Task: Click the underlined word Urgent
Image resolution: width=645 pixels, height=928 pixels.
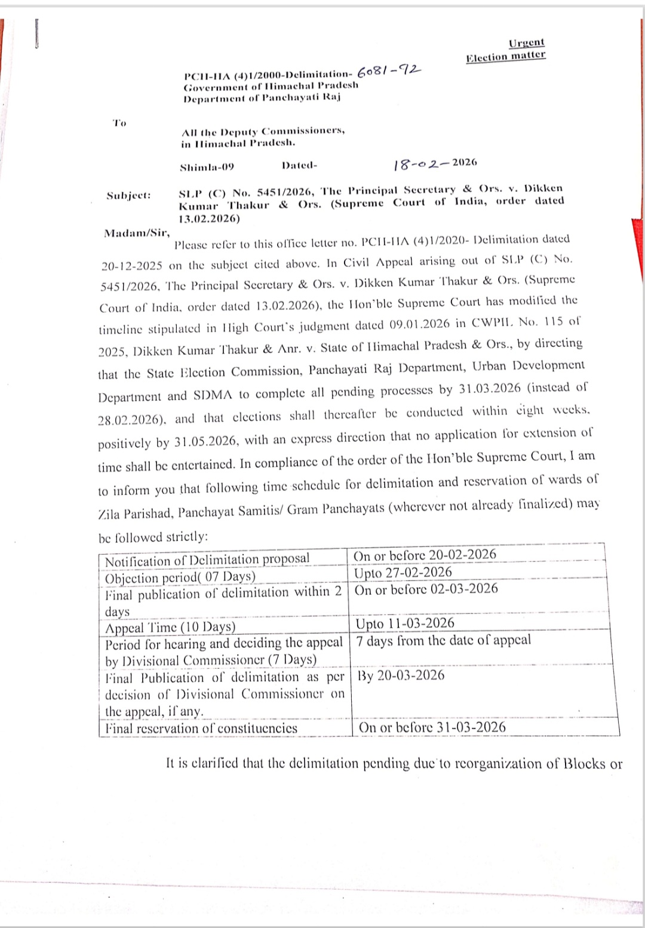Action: point(526,43)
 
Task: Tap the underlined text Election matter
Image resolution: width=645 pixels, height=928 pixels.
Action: point(505,57)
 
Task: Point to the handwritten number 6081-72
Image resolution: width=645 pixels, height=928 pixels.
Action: point(389,72)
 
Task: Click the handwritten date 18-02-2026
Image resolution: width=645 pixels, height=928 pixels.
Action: point(435,164)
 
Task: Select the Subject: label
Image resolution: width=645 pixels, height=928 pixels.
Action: point(128,195)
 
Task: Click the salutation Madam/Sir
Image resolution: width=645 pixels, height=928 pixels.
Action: point(137,233)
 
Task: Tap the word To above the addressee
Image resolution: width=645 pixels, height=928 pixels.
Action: point(119,123)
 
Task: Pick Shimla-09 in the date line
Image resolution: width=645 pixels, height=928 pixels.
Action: point(207,167)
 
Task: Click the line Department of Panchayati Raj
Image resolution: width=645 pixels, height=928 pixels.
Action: point(262,97)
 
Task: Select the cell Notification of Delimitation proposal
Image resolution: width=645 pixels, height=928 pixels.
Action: point(207,560)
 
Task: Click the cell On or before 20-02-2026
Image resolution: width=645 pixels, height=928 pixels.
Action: point(425,555)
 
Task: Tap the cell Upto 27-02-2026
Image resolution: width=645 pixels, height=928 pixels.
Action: point(403,573)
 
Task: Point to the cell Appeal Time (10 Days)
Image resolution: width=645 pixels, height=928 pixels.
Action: point(170,628)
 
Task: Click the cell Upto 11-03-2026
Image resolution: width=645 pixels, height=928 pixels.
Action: point(405,623)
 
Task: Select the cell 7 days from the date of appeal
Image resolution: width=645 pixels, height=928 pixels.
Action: point(443,641)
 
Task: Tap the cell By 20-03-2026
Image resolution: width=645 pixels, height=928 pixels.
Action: point(401,675)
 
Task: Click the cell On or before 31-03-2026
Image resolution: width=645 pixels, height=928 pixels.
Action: point(432,727)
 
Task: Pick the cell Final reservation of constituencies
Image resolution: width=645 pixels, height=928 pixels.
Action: point(201,729)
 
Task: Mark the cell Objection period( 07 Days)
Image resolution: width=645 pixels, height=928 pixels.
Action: point(180,577)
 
